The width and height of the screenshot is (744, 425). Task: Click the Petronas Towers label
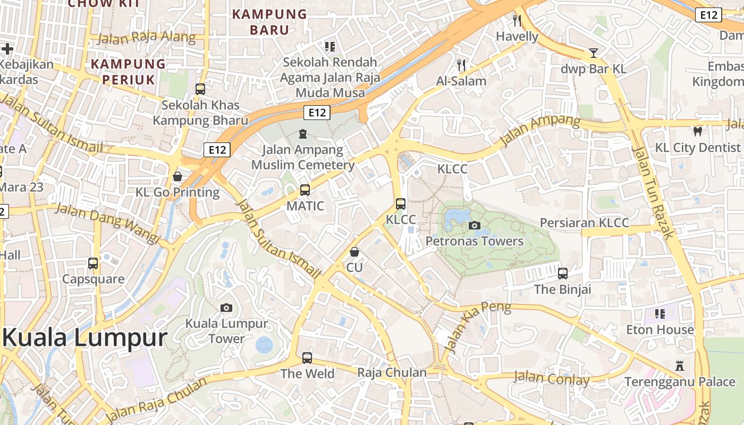[x=475, y=241]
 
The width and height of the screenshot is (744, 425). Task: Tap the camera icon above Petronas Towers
[x=475, y=226]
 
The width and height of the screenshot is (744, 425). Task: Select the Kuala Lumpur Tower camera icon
[x=226, y=308]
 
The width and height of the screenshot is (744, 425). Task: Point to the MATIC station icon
[x=305, y=190]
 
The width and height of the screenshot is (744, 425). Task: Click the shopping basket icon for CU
[x=354, y=252]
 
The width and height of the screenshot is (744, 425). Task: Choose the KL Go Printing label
[x=177, y=192]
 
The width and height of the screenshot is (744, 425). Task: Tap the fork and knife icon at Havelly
[x=517, y=21]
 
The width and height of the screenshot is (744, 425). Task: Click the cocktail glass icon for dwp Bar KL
[x=594, y=53]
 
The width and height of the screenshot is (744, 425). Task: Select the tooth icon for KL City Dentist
[x=697, y=131]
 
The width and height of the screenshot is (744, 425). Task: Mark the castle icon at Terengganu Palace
[x=679, y=365]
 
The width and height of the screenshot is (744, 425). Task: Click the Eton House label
[x=660, y=329]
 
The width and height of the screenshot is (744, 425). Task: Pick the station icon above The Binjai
[x=563, y=274]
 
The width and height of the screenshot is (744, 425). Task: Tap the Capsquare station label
[x=94, y=279]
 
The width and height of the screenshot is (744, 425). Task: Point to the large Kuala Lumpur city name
[x=85, y=338]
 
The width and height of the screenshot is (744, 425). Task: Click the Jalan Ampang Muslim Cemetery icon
[x=303, y=133]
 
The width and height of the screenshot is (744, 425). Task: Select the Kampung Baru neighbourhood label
[x=270, y=22]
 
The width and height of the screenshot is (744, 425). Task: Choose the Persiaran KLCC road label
[x=585, y=223]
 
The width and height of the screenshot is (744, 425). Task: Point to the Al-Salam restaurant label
[x=461, y=81]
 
